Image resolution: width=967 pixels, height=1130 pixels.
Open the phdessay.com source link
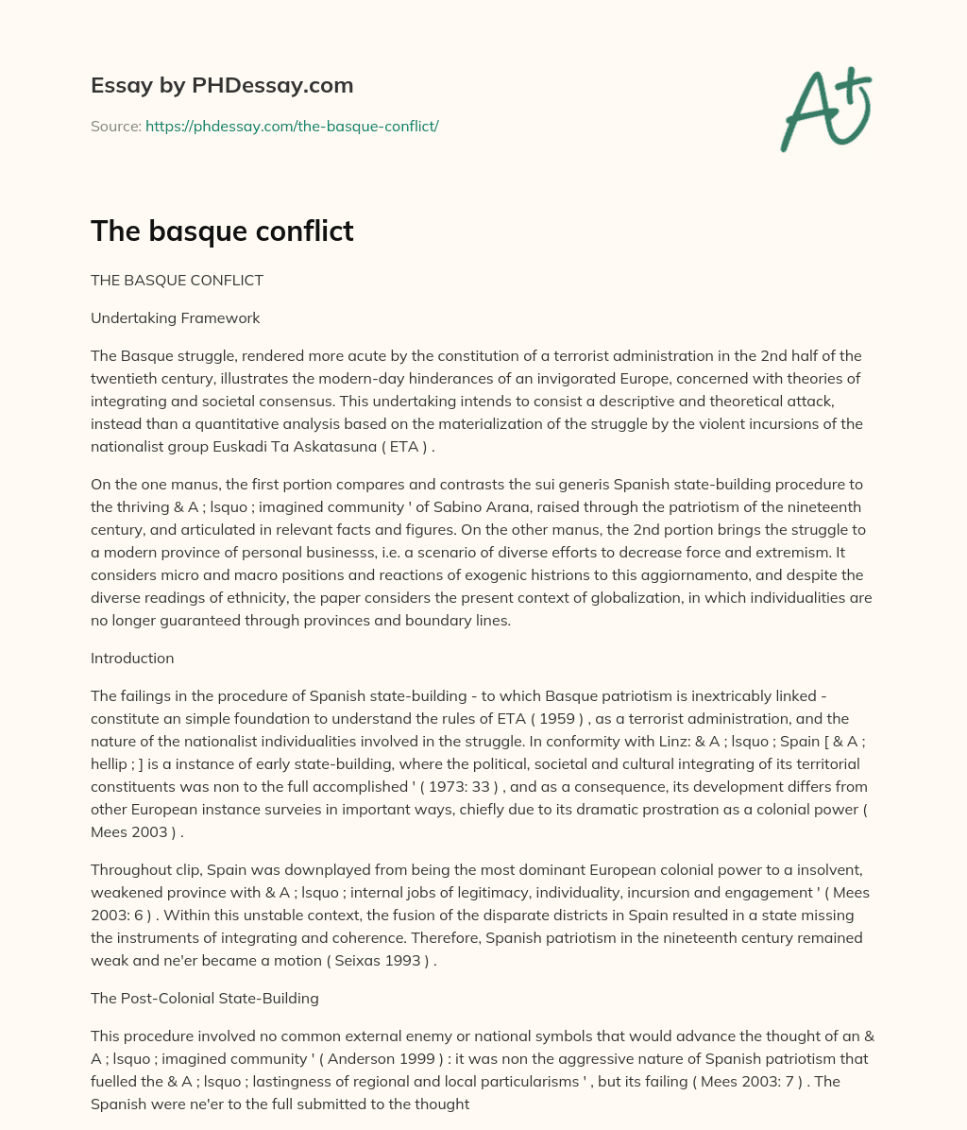click(292, 126)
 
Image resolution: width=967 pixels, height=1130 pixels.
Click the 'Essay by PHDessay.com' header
click(222, 86)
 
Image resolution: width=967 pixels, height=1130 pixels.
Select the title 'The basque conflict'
click(222, 231)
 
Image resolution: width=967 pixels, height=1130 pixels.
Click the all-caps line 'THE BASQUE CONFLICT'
click(177, 280)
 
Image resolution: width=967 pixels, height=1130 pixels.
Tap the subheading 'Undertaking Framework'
click(175, 317)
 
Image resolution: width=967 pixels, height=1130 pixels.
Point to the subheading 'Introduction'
click(132, 658)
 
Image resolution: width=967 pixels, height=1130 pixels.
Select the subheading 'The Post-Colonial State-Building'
click(205, 998)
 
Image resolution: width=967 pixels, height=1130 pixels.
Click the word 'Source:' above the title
click(115, 126)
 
